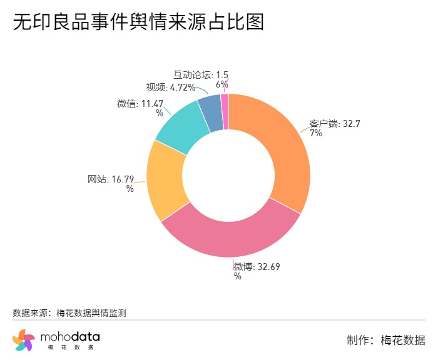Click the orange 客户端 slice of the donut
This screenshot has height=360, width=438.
click(282, 150)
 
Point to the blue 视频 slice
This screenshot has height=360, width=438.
click(211, 112)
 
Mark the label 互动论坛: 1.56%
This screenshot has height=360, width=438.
click(200, 79)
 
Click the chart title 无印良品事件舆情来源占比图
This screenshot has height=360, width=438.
click(138, 22)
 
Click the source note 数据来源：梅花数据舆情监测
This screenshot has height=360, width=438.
click(69, 313)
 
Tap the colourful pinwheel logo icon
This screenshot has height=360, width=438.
click(23, 340)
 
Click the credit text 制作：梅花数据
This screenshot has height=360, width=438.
click(385, 340)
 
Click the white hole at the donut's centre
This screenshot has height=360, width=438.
click(228, 175)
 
